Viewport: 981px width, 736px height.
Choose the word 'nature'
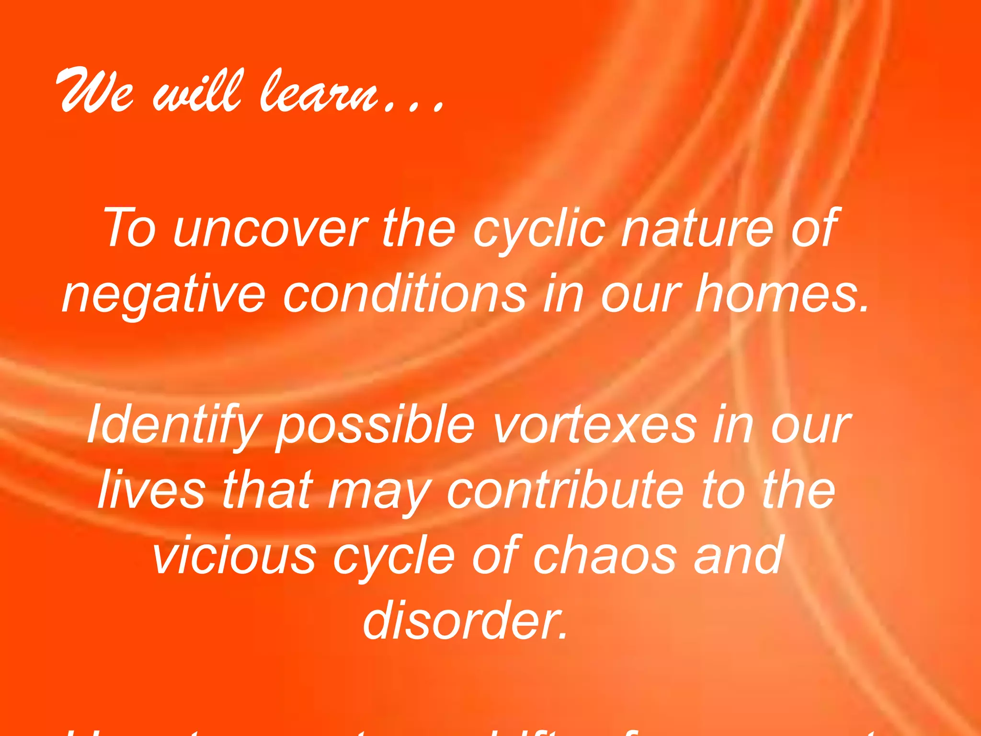697,229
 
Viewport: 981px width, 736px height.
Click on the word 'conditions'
405,293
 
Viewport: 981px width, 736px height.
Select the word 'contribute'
565,490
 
